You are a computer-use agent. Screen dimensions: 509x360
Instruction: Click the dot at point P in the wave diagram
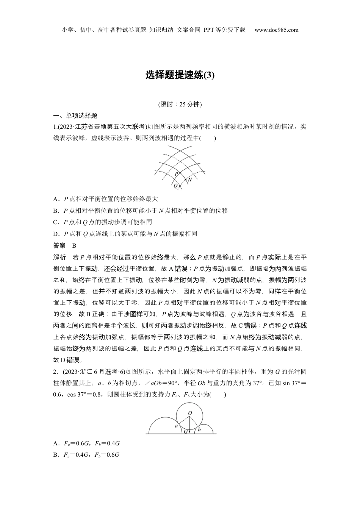click(x=180, y=172)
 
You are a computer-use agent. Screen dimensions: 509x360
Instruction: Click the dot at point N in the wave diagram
click(x=185, y=179)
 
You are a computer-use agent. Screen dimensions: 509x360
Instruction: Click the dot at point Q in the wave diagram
click(x=180, y=186)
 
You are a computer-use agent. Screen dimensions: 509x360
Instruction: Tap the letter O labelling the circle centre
click(x=190, y=413)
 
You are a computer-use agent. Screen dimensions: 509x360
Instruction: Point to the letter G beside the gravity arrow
click(x=186, y=431)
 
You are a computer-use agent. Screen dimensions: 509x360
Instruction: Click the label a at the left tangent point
click(x=176, y=426)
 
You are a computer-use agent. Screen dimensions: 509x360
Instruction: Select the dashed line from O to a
click(x=184, y=421)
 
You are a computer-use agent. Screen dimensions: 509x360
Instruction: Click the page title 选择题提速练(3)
click(x=180, y=75)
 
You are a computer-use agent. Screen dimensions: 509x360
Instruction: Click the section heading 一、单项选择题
click(x=75, y=116)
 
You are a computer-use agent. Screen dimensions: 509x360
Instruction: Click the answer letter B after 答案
click(x=74, y=246)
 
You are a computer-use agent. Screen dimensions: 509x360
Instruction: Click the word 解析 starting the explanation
click(x=59, y=258)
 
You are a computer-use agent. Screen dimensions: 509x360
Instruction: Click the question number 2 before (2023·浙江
click(x=55, y=372)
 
